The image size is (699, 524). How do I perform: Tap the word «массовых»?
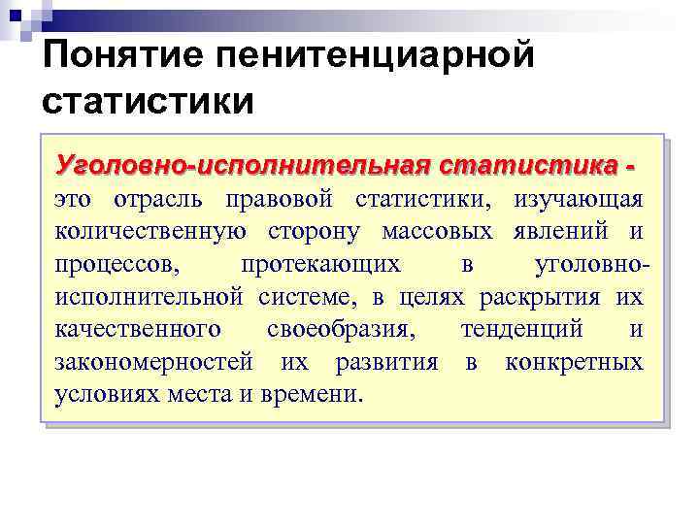coord(439,232)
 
